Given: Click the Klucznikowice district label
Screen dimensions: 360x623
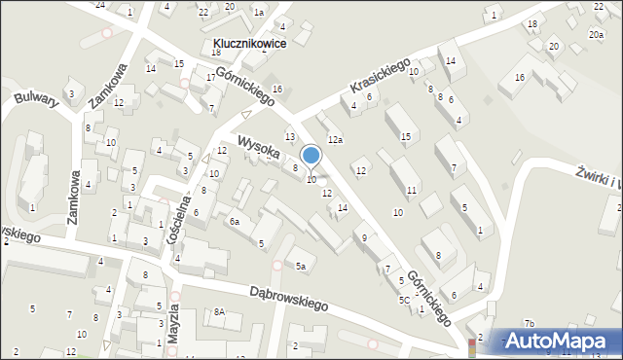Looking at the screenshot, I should pos(247,45).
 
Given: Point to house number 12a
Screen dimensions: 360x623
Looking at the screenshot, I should pos(335,140).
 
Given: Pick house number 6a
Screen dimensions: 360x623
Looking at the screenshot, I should pos(234,222).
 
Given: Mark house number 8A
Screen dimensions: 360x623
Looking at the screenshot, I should pos(220,312).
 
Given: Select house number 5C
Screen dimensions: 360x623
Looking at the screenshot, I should pos(404,300).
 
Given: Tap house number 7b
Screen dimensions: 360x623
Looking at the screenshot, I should pos(530,323).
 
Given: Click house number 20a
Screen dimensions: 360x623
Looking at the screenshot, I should pos(596,34).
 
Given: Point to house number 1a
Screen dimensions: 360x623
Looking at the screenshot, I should pos(259,12).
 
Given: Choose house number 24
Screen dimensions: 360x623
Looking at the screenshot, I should pos(100,5).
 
